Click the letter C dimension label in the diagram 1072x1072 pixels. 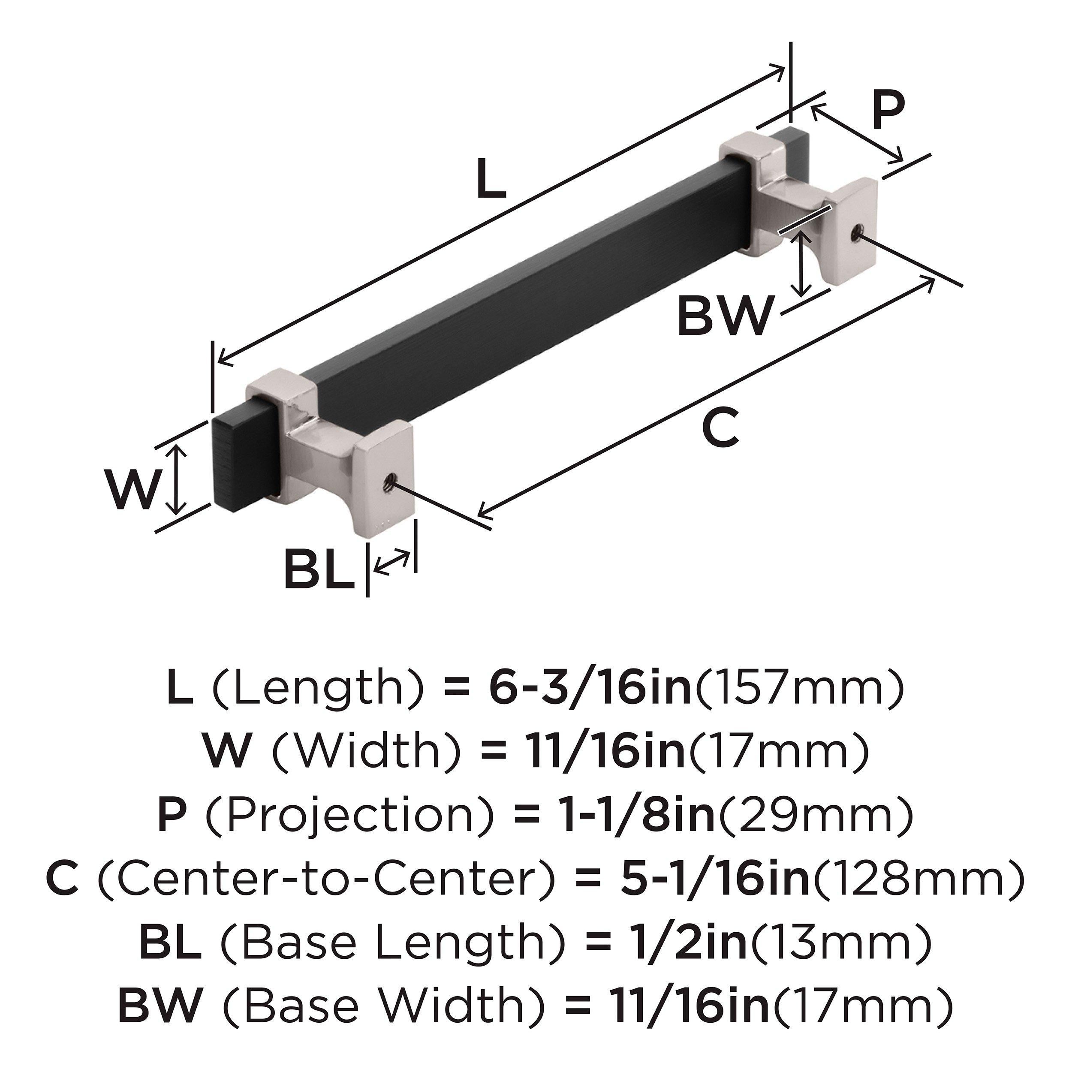(721, 428)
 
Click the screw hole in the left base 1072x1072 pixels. (389, 487)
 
